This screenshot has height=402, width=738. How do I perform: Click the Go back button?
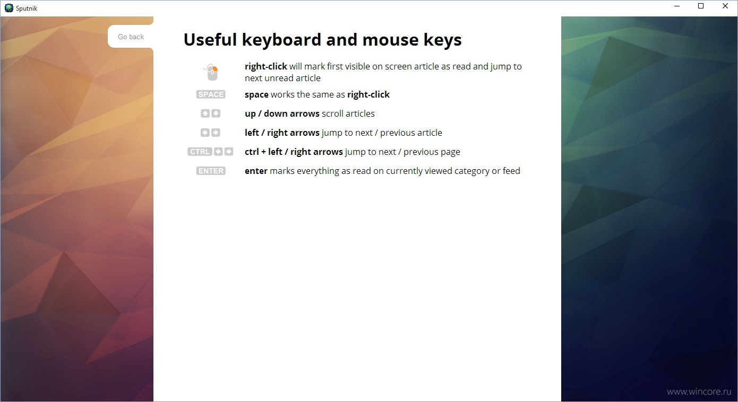tap(131, 37)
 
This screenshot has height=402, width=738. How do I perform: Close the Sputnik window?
tap(725, 6)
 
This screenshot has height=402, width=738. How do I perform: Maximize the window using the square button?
tap(701, 6)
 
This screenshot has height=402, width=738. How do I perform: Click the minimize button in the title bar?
tap(677, 6)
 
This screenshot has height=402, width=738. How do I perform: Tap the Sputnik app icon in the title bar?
tap(9, 8)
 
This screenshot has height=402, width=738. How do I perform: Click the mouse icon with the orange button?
tap(211, 72)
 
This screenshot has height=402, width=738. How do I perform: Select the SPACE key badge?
tap(211, 94)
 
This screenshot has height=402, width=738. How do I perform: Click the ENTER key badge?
tap(211, 171)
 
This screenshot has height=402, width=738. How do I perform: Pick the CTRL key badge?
tap(200, 152)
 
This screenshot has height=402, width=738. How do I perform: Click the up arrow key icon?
tap(205, 113)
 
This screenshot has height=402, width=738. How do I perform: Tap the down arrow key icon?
tap(216, 113)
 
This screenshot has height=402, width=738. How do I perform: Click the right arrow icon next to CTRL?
tap(229, 152)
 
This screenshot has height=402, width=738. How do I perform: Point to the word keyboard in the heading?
tap(281, 40)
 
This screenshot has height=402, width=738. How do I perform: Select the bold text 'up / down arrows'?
tap(282, 114)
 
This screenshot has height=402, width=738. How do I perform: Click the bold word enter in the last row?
tap(256, 171)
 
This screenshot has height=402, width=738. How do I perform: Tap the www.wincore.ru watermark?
tap(699, 392)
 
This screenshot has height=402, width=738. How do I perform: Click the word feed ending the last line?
tap(511, 171)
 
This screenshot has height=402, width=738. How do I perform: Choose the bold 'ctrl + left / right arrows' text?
tap(294, 152)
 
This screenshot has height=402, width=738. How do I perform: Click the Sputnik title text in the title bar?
tap(27, 8)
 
